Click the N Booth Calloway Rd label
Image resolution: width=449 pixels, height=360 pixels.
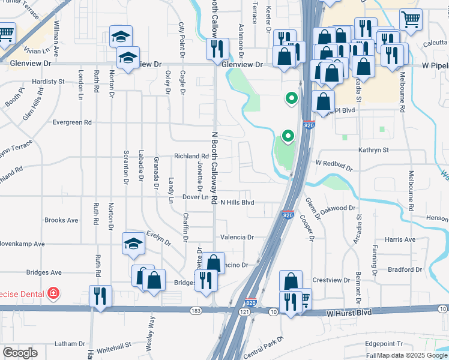214,168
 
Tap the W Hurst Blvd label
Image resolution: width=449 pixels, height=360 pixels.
349,313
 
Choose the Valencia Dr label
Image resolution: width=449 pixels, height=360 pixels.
237,237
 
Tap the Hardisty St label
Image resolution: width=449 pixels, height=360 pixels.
49,81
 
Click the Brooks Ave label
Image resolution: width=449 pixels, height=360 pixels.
61,220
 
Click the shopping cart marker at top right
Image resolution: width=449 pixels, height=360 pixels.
411,19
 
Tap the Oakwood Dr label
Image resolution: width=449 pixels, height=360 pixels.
339,208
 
